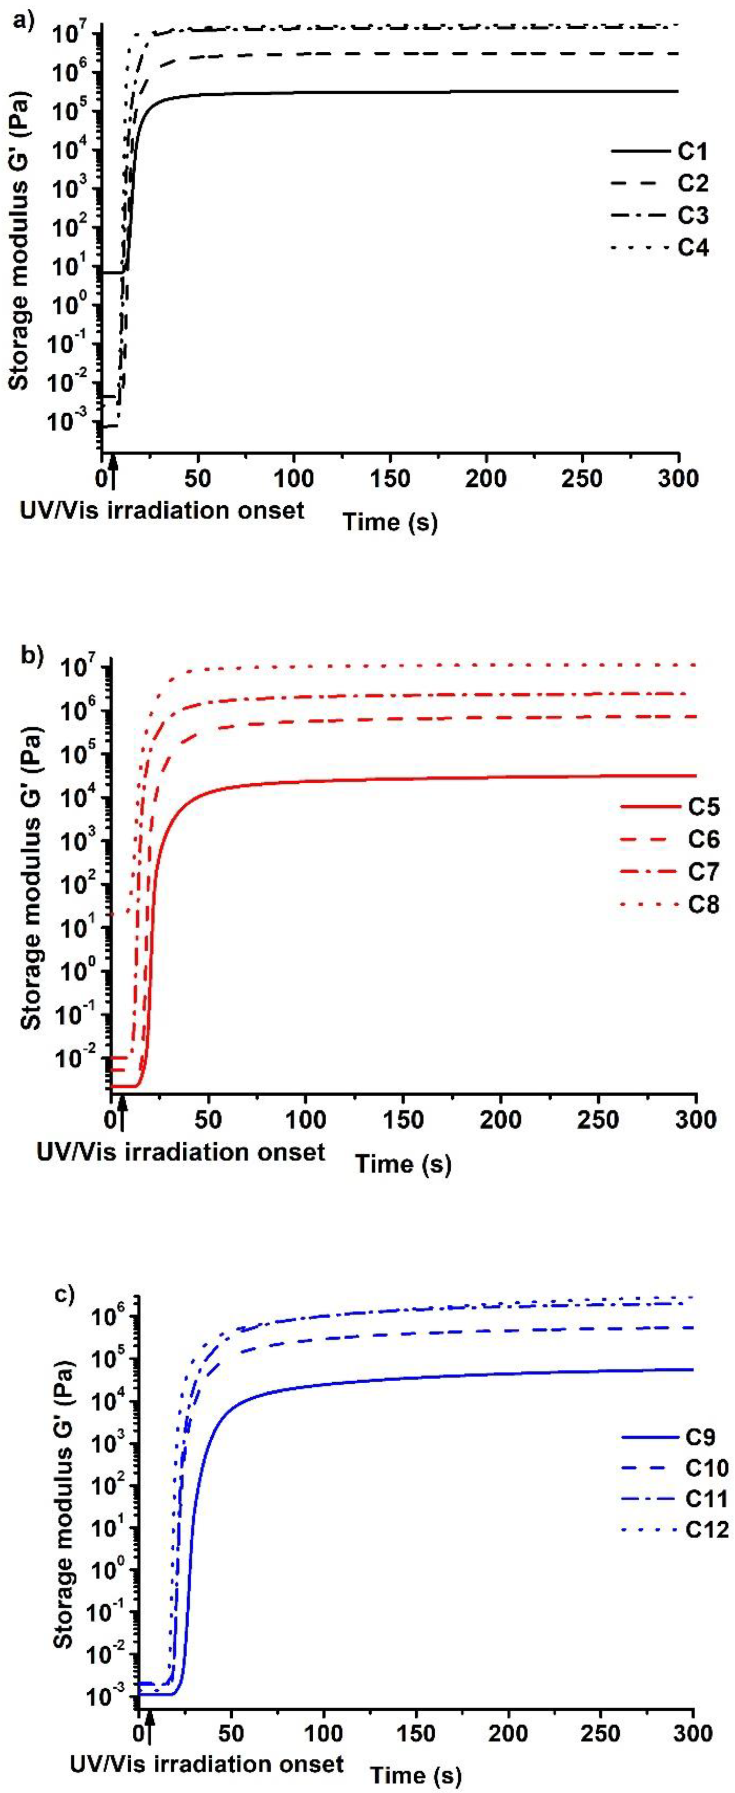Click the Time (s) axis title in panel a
390,521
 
